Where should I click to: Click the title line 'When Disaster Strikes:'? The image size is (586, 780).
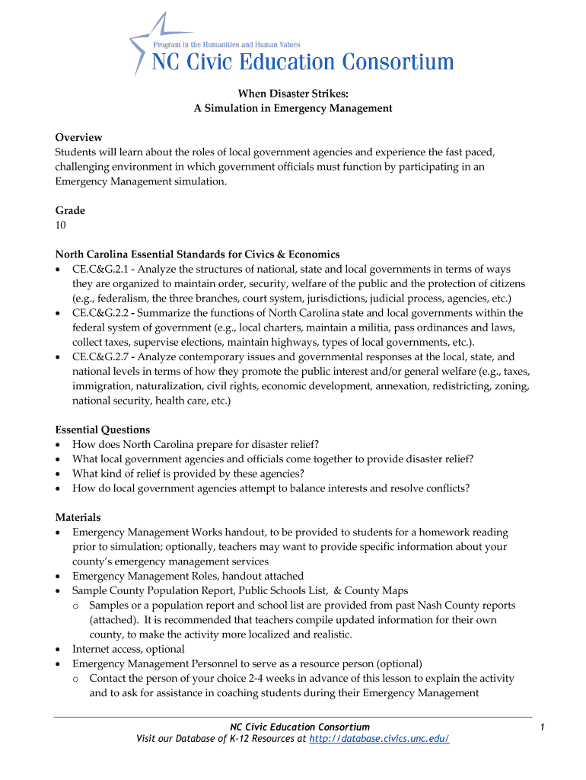point(293,94)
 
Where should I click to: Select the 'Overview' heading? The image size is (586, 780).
point(78,137)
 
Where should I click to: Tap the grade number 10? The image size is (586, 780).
point(61,225)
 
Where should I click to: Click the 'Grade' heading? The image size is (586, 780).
point(70,210)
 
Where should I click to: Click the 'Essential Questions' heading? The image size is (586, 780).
point(103,430)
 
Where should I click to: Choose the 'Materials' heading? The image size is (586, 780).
point(78,517)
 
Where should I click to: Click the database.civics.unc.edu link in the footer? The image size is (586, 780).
point(380,739)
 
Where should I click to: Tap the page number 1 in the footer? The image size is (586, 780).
point(540,727)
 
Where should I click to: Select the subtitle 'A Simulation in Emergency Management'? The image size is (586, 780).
point(293,108)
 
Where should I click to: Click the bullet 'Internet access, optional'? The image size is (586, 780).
point(128,649)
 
